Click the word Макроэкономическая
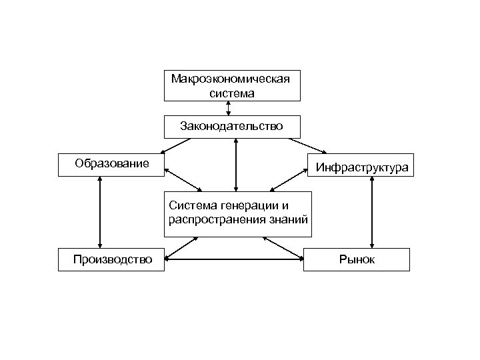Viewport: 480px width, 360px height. coord(231,79)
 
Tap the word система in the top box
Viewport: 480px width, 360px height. coord(231,93)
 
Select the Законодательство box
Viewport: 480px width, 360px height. coord(231,125)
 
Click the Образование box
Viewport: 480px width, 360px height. coord(111,163)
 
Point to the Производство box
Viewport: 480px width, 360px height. coord(112,259)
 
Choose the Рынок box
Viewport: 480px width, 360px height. coord(357,259)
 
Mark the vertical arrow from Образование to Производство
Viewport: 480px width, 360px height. coord(99,212)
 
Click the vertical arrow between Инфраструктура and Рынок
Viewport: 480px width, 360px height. coord(372,212)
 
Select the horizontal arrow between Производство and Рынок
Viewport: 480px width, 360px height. coord(234,258)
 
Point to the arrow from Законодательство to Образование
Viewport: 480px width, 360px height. coord(177,145)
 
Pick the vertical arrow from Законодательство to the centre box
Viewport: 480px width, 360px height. coord(236,164)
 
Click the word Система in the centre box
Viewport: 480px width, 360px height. coord(191,204)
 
